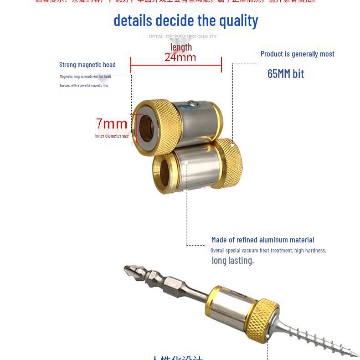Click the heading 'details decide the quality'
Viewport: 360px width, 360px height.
click(185, 21)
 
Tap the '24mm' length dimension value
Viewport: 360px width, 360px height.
click(180, 57)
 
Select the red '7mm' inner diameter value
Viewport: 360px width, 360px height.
click(112, 123)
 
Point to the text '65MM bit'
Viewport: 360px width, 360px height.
click(285, 74)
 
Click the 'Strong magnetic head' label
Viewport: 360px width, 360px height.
click(87, 65)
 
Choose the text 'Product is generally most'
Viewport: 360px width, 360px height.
click(297, 54)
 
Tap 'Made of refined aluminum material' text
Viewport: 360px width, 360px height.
click(262, 240)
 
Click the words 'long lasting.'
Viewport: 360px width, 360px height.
click(232, 261)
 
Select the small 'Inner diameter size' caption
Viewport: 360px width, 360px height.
click(112, 136)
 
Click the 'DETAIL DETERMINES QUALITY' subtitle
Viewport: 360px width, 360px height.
click(183, 36)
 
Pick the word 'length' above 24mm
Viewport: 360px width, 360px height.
click(181, 47)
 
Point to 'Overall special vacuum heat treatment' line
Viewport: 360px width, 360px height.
click(268, 251)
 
